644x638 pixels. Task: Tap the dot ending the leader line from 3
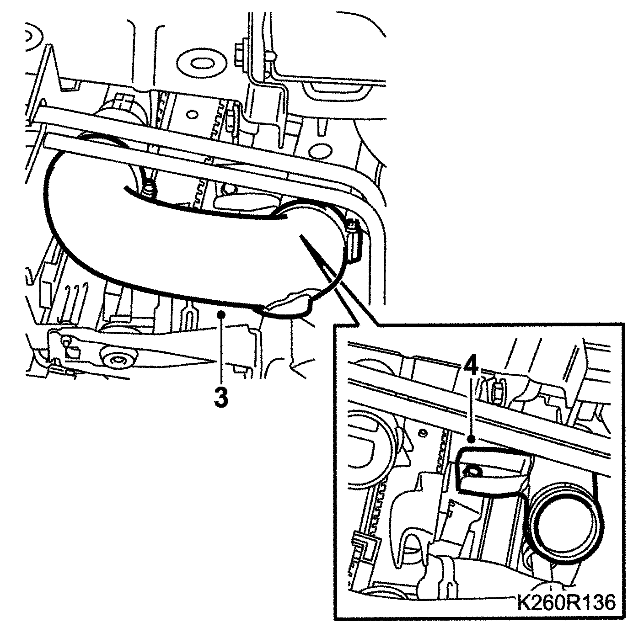click(x=221, y=313)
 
